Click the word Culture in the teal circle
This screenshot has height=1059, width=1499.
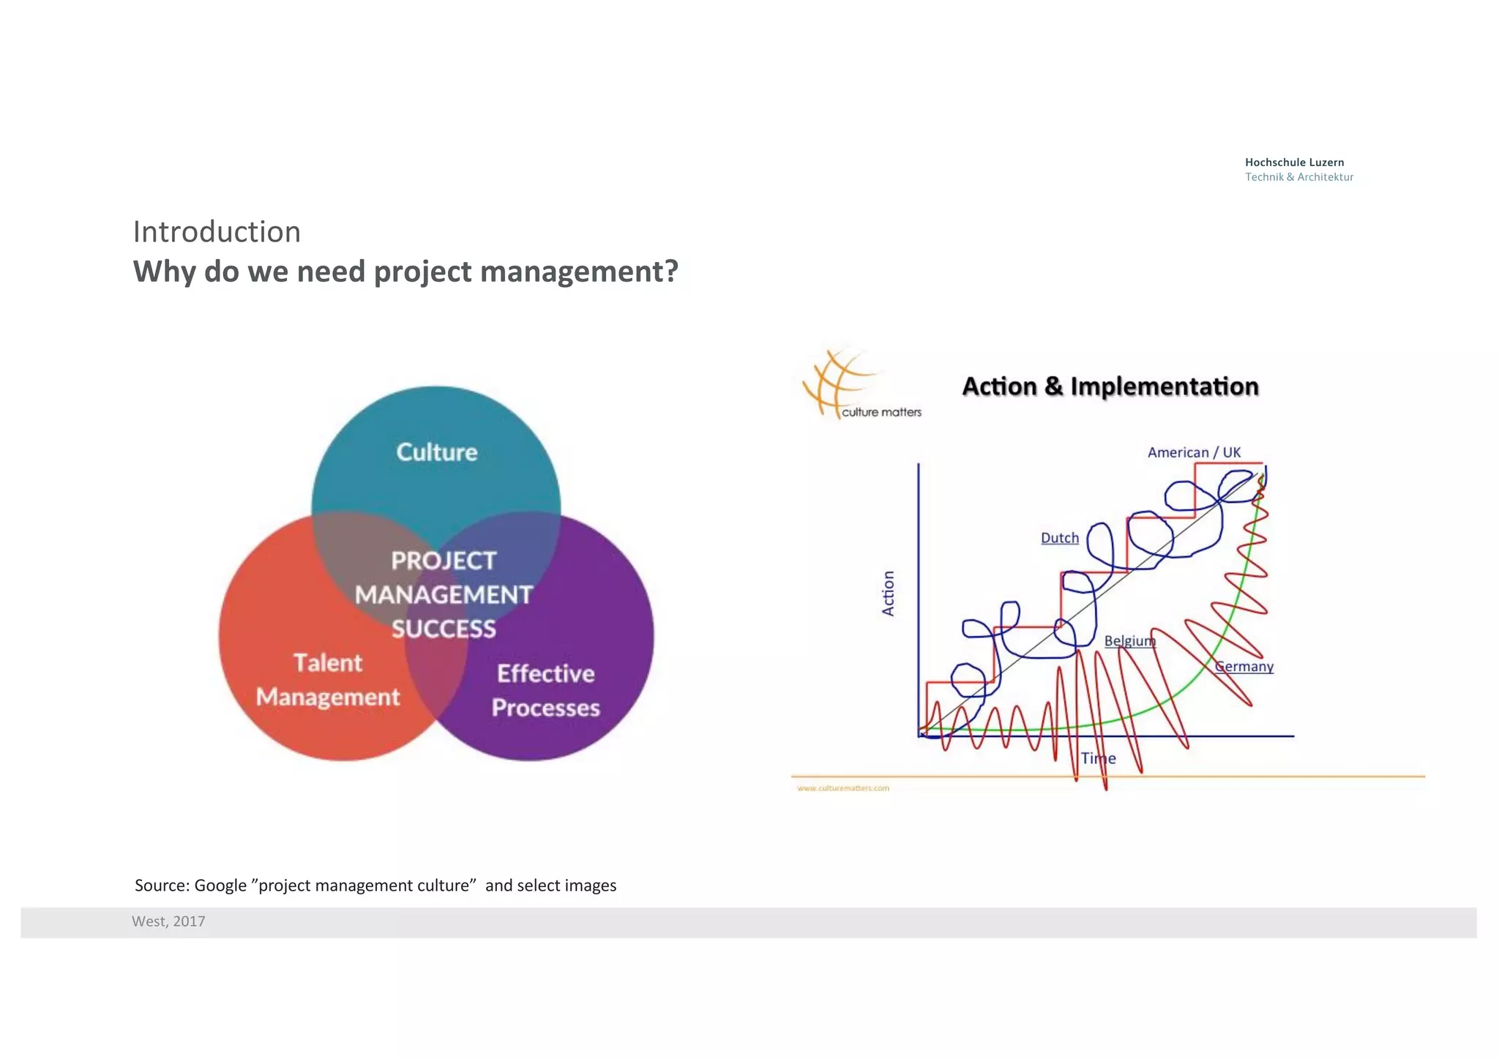(436, 452)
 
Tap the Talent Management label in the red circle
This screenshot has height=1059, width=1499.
(328, 680)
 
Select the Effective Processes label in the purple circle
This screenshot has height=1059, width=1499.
(545, 690)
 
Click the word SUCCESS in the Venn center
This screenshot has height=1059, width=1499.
(444, 629)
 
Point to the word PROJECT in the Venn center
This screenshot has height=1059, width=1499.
(444, 561)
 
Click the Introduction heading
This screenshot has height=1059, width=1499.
(217, 232)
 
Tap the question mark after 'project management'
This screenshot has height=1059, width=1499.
(670, 272)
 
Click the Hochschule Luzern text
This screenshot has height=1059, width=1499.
(1294, 162)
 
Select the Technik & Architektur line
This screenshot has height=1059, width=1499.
(1298, 177)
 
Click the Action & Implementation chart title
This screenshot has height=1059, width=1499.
(1110, 386)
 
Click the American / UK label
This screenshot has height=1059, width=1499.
(1194, 452)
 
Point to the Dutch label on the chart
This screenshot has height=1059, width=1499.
(1059, 538)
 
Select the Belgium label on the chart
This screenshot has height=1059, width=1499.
(1129, 641)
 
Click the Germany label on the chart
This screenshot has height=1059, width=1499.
(1244, 667)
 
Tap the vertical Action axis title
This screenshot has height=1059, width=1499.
(888, 594)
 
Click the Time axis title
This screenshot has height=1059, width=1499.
(1098, 758)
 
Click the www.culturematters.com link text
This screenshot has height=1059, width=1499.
(842, 788)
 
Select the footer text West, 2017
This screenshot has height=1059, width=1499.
(168, 921)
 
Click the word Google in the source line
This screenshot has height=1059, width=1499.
(220, 886)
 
